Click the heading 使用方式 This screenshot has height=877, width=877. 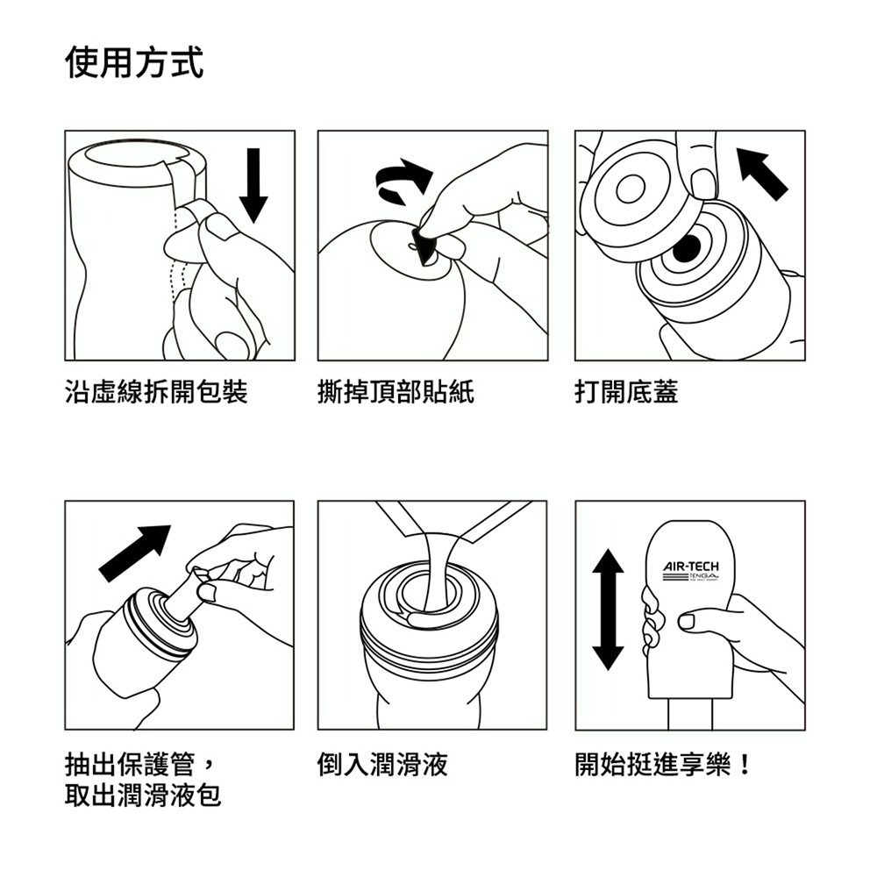click(134, 63)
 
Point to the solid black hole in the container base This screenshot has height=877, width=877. click(687, 248)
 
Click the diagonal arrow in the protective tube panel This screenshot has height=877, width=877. click(134, 553)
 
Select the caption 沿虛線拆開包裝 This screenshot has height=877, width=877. click(156, 392)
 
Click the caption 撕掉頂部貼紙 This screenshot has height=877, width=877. click(396, 392)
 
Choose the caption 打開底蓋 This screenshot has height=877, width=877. click(626, 392)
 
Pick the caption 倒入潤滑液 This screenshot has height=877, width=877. click(382, 765)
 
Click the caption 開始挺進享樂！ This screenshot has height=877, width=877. click(663, 765)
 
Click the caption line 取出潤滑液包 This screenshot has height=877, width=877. click(143, 796)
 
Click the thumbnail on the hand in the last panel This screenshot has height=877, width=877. click(688, 622)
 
